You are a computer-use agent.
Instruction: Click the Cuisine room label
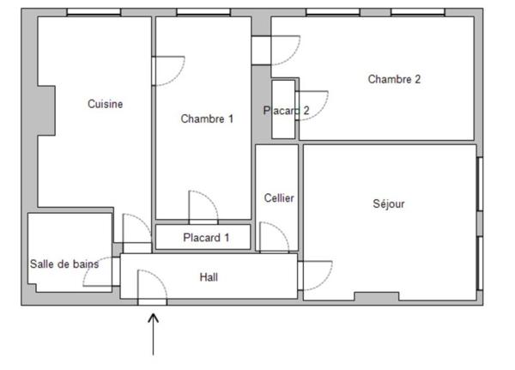tap(105, 104)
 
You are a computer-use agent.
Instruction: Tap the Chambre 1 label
tap(207, 118)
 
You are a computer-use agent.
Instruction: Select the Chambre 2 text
tap(394, 79)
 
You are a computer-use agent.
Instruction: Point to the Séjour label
tap(389, 203)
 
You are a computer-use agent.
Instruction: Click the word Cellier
tap(279, 197)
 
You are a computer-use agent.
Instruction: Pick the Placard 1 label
tap(206, 238)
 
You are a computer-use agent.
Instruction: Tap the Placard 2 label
tap(286, 111)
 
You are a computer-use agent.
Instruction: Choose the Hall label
tap(209, 277)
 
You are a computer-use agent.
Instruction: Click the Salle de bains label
tap(64, 264)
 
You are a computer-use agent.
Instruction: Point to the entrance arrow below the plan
tap(153, 335)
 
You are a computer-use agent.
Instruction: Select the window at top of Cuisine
tap(94, 12)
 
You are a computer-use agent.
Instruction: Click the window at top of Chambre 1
tap(203, 12)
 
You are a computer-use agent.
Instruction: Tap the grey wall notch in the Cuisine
tap(46, 111)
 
